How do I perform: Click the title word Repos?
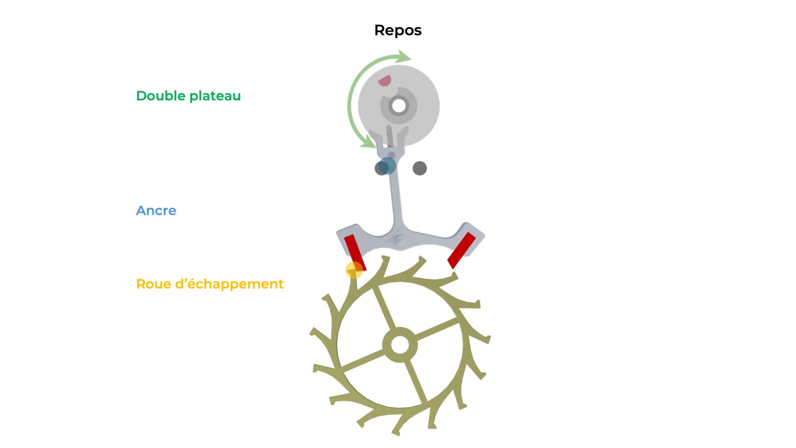click(x=398, y=31)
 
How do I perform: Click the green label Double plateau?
click(x=188, y=96)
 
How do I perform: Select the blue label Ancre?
click(x=156, y=211)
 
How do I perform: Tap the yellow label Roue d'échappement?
click(x=210, y=284)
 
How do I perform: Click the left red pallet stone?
click(x=355, y=252)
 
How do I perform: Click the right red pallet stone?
click(x=461, y=250)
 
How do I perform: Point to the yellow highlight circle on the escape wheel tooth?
click(x=354, y=270)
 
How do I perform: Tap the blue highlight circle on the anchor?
click(x=387, y=166)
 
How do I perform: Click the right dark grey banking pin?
click(x=420, y=168)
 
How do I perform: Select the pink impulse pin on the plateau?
click(x=385, y=80)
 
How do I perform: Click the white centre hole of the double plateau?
click(x=399, y=106)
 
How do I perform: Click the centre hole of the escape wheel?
click(x=400, y=345)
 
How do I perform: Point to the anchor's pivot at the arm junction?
click(x=400, y=240)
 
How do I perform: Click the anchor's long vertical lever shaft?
click(x=397, y=195)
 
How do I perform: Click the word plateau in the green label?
click(x=215, y=96)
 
